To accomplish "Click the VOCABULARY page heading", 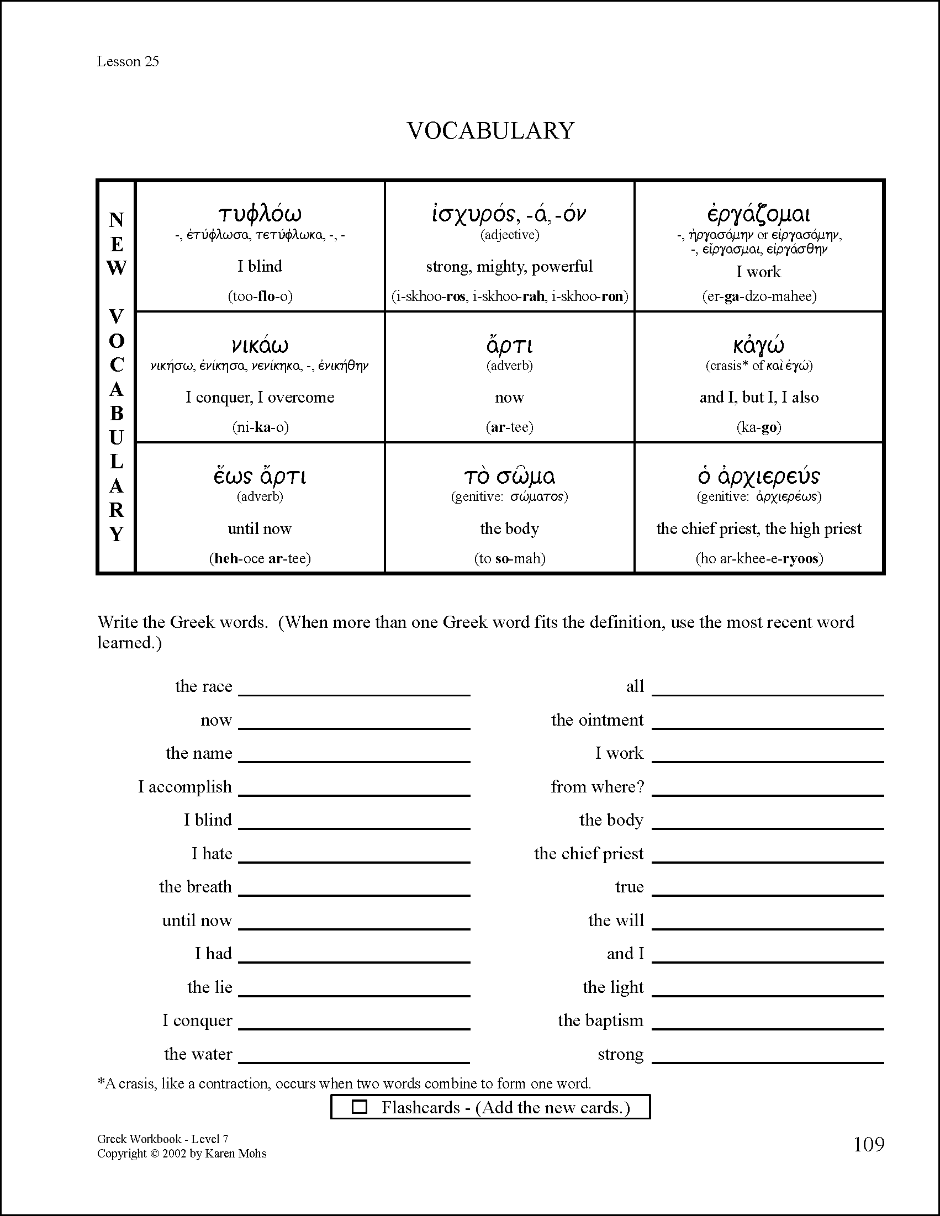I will pyautogui.click(x=490, y=131).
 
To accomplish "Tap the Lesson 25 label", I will pyautogui.click(x=128, y=61).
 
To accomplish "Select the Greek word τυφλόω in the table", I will pyautogui.click(x=260, y=213).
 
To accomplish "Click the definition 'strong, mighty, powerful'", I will pyautogui.click(x=509, y=266).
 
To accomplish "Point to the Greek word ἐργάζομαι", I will pyautogui.click(x=758, y=214).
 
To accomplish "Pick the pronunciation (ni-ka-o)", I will pyautogui.click(x=260, y=427).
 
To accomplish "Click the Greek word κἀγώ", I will pyautogui.click(x=758, y=346).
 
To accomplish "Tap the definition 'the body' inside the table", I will pyautogui.click(x=509, y=528).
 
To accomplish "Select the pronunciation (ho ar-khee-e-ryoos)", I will pyautogui.click(x=759, y=558).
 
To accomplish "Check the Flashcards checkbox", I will pyautogui.click(x=360, y=1107).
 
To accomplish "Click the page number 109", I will pyautogui.click(x=869, y=1144).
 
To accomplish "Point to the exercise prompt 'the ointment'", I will pyautogui.click(x=597, y=720).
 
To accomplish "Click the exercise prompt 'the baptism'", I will pyautogui.click(x=600, y=1021).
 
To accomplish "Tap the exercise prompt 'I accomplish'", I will pyautogui.click(x=185, y=787).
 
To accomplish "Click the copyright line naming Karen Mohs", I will pyautogui.click(x=182, y=1154).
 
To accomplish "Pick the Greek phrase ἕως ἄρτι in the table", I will pyautogui.click(x=260, y=477).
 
